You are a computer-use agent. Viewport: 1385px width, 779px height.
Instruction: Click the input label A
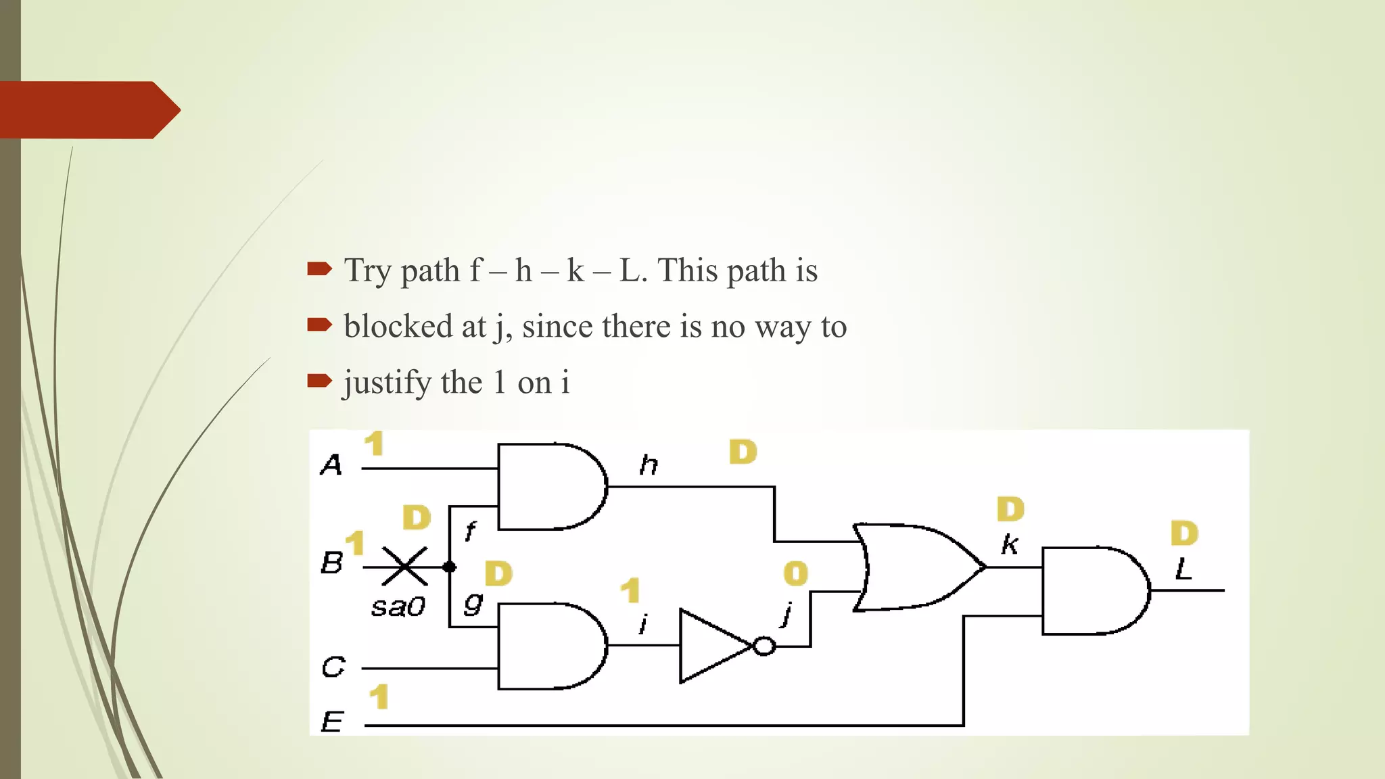[331, 465]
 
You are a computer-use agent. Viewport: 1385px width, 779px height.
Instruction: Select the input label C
[333, 667]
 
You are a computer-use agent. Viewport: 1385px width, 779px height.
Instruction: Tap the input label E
[332, 722]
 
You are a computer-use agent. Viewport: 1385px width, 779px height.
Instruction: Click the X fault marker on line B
[404, 567]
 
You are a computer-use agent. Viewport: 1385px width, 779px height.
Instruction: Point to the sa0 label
[398, 607]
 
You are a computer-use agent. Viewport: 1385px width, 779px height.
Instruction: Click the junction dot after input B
[449, 567]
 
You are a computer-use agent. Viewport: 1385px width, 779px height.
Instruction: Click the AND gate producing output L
[1092, 590]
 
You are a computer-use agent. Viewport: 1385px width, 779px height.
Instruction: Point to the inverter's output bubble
[764, 646]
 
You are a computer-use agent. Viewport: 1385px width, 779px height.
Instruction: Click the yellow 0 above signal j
[795, 573]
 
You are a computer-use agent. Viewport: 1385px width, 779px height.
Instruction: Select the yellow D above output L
[1184, 534]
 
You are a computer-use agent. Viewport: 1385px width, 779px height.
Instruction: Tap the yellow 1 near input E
[379, 697]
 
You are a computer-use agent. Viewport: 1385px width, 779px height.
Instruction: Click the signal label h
[649, 465]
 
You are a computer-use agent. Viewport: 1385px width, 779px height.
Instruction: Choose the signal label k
[1009, 544]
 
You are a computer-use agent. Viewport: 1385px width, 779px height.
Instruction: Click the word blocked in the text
[398, 327]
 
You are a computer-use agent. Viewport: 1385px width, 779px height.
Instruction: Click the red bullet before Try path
[319, 269]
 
